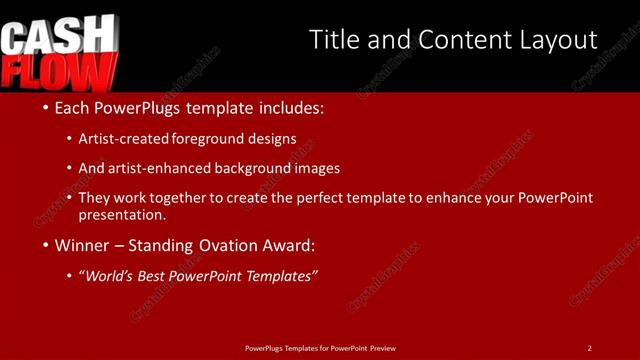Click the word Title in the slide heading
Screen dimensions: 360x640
(335, 40)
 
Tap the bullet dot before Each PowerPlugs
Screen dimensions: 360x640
(46, 107)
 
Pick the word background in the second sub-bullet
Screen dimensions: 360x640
(235, 168)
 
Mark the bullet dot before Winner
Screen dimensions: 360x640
(46, 245)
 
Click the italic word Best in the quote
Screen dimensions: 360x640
(154, 276)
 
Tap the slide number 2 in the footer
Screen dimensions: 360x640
(589, 348)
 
